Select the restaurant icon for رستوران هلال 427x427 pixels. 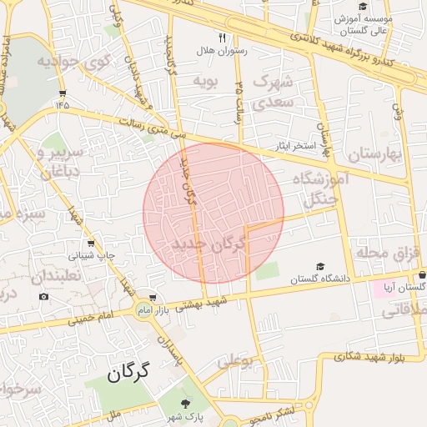pyautogui.click(x=222, y=38)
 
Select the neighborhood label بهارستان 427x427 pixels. pyautogui.click(x=374, y=155)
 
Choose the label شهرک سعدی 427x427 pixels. pyautogui.click(x=274, y=92)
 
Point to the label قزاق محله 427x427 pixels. pyautogui.click(x=385, y=252)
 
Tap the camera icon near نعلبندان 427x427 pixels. pyautogui.click(x=43, y=296)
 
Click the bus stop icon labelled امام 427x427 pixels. pyautogui.click(x=152, y=297)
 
